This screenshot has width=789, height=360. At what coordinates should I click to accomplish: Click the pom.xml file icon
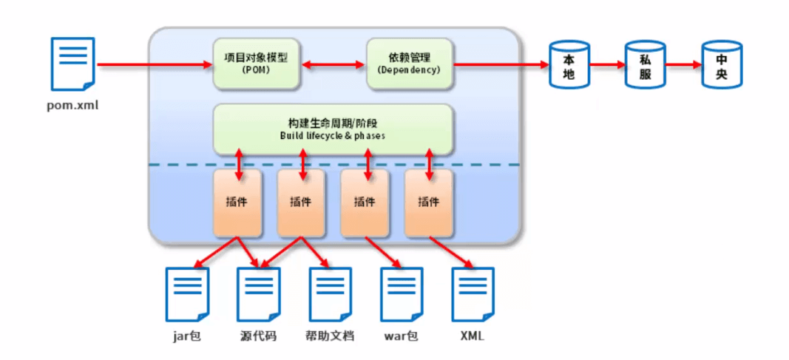pyautogui.click(x=73, y=64)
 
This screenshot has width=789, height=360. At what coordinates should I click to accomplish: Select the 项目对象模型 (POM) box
pyautogui.click(x=256, y=64)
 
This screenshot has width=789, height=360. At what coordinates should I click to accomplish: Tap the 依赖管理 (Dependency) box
pyautogui.click(x=409, y=64)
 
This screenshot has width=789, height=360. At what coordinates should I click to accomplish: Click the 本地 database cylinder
pyautogui.click(x=569, y=65)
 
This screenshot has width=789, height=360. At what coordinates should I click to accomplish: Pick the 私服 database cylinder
pyautogui.click(x=645, y=65)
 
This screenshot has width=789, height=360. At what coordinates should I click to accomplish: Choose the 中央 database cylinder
pyautogui.click(x=722, y=65)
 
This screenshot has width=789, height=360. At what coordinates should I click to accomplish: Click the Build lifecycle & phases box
pyautogui.click(x=333, y=129)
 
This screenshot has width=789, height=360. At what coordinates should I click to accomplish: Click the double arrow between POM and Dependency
pyautogui.click(x=333, y=64)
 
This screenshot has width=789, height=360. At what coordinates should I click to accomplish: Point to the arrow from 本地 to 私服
pyautogui.click(x=607, y=65)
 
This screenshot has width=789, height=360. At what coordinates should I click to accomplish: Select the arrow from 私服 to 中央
pyautogui.click(x=684, y=65)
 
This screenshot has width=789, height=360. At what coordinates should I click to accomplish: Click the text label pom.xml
pyautogui.click(x=72, y=106)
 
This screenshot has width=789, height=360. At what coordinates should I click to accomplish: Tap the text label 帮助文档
pyautogui.click(x=330, y=336)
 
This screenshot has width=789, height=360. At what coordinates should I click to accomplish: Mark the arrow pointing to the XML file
pyautogui.click(x=451, y=252)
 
